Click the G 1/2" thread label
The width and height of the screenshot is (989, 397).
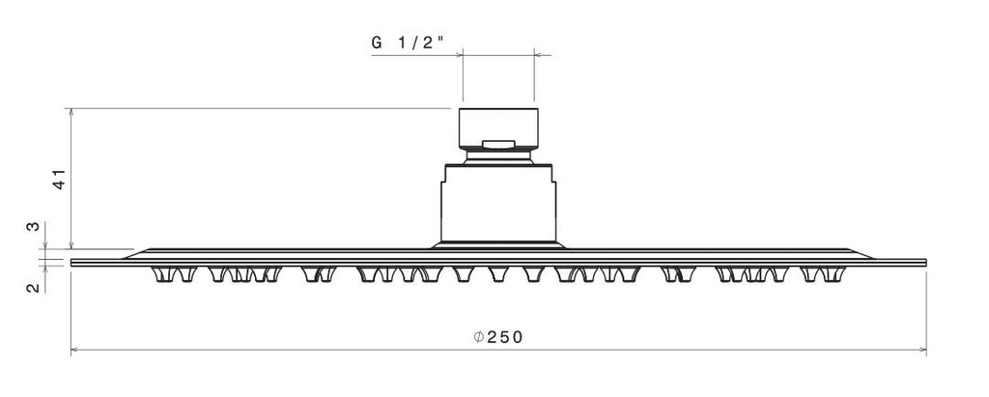coord(408,43)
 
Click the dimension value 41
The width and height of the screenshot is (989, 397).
coord(59,180)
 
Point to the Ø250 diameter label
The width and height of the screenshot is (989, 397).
coord(498,337)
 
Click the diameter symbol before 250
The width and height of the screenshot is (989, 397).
coord(479,337)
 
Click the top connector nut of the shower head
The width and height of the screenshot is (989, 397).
coord(498,128)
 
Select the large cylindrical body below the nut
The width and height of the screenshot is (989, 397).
coord(498,203)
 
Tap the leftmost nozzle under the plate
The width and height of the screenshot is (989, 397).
coord(163,274)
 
